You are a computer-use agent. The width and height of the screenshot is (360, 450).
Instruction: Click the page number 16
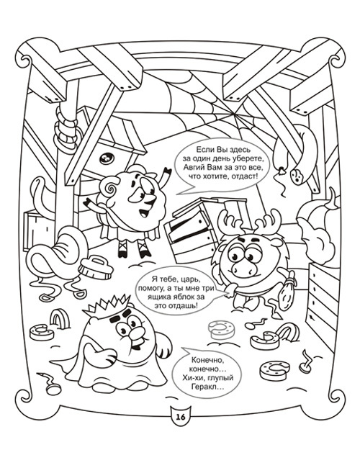181,416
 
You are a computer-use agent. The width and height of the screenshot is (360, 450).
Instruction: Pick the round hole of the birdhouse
107,158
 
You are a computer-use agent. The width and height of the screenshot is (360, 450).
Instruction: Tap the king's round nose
135,333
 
